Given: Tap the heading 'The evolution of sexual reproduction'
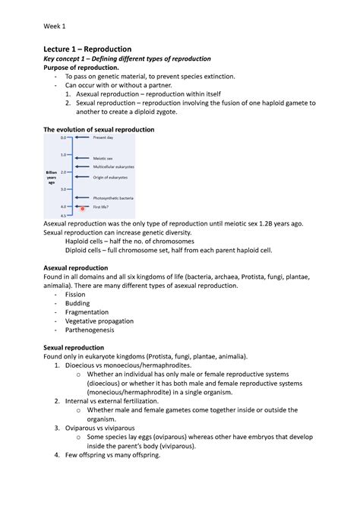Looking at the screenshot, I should click(x=99, y=130).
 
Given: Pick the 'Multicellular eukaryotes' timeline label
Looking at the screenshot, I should click(x=114, y=166).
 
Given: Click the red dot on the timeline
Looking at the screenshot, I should click(x=83, y=208).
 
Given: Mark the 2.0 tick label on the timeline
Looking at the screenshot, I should click(x=65, y=172).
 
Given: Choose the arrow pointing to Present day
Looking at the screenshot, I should click(x=82, y=138).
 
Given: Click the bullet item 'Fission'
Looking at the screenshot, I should click(x=75, y=294).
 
